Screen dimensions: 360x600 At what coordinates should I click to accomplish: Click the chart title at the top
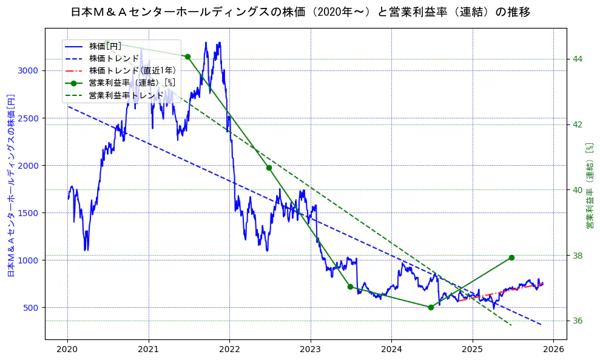coord(300,12)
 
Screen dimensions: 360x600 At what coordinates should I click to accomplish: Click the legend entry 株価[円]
coord(105,46)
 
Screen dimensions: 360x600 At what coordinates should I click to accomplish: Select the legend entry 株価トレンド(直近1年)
coord(132,70)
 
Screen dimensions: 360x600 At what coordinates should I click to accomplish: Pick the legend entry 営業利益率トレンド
coord(126,95)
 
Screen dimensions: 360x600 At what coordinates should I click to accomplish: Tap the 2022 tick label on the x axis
coord(229,350)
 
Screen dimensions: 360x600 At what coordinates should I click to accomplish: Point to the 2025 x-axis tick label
coord(473,350)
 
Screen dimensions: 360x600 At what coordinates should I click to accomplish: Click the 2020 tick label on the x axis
coord(67,350)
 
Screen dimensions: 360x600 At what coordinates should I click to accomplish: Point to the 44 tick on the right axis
coord(578,59)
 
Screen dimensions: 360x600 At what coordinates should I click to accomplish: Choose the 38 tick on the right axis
coord(578,256)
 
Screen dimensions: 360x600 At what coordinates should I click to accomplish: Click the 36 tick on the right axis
coord(578,321)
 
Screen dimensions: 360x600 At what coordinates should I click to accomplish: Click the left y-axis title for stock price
coord(10,186)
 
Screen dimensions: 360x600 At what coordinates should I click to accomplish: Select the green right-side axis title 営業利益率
coord(588,186)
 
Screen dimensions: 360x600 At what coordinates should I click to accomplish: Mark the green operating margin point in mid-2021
coord(187,57)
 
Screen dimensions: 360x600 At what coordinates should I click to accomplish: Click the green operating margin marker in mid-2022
coord(269,168)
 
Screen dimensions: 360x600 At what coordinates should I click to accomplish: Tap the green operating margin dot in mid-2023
coord(350,287)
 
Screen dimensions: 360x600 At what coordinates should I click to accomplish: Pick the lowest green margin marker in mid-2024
coord(431,307)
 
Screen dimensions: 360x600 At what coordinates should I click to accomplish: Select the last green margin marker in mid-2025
coord(511,257)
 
